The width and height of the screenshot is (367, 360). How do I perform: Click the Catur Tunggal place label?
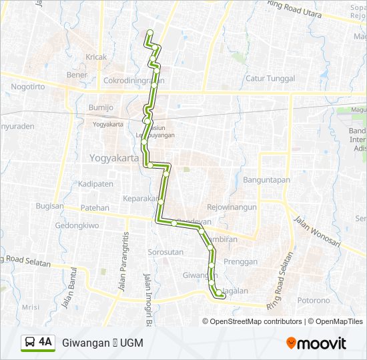point(270,79)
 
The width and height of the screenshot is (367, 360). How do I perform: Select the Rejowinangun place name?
point(232,207)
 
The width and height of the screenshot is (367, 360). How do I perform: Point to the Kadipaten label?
point(95,183)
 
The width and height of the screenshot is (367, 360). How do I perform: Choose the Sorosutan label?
point(165,253)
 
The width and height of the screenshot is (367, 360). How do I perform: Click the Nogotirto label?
point(32,87)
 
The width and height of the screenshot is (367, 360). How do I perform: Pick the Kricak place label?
point(96,57)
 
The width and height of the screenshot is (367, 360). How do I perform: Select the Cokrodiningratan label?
point(133,81)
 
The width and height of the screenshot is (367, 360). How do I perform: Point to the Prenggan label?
point(240,262)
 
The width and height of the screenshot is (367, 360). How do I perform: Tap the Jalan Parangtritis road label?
point(123,261)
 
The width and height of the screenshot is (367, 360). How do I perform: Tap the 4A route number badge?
point(45,343)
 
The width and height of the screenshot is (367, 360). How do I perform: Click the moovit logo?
point(316,343)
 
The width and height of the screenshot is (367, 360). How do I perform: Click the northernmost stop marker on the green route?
point(149,33)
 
